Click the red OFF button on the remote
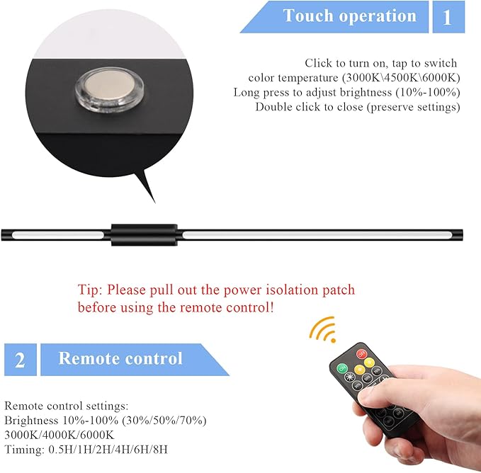[x=362, y=354]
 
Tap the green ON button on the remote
[x=341, y=368]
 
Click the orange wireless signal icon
[x=324, y=329]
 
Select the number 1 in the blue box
[x=447, y=17]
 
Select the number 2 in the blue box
[x=20, y=360]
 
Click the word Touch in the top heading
[x=307, y=16]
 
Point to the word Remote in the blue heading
[x=87, y=358]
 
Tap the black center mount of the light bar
[x=145, y=235]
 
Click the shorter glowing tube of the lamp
[x=58, y=235]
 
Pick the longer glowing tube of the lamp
[x=317, y=235]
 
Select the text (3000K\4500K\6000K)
[x=401, y=78]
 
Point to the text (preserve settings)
[x=414, y=107]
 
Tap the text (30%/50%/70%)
[x=164, y=421]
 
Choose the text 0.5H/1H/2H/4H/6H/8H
[x=108, y=450]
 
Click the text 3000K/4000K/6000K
[x=60, y=435]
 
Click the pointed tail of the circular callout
[x=155, y=203]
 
